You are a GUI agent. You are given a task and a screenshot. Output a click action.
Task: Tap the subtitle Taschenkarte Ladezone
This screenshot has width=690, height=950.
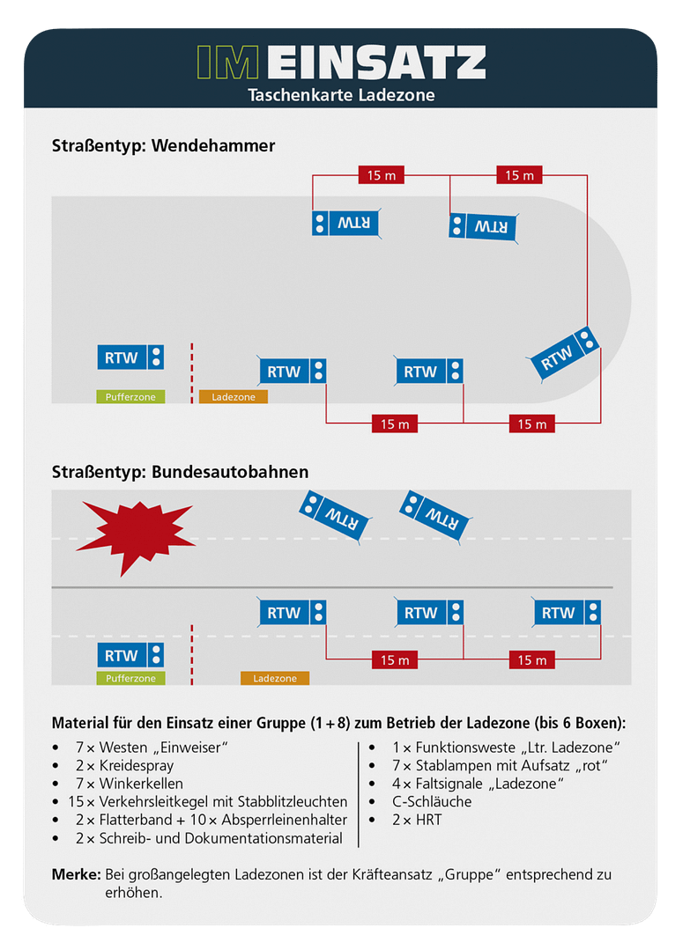tap(341, 94)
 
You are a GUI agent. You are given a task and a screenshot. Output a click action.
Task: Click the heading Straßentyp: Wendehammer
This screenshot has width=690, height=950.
tap(164, 146)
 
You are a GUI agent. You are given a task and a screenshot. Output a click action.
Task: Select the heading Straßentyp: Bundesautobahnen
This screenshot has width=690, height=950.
tap(181, 472)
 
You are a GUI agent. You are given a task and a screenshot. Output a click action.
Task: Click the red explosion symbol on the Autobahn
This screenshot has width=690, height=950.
tap(135, 534)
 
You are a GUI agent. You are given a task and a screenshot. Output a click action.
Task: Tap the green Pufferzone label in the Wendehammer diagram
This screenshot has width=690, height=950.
tap(130, 397)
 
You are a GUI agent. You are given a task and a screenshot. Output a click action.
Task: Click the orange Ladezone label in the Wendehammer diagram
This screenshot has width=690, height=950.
tap(234, 397)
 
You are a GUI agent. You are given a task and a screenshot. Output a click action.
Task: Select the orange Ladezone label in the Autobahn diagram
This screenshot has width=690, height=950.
tap(275, 679)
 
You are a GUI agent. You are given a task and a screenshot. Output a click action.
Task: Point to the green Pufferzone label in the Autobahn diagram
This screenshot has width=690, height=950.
tap(130, 679)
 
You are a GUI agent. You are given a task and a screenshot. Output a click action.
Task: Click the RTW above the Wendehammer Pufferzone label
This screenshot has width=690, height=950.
tap(130, 357)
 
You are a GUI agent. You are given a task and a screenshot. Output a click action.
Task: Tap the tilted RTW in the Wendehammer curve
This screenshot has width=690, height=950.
tap(564, 354)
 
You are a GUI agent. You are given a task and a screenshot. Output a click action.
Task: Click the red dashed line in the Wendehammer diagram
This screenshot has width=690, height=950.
tap(191, 373)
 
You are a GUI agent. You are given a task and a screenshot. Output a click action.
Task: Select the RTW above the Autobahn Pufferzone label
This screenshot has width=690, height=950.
tap(130, 655)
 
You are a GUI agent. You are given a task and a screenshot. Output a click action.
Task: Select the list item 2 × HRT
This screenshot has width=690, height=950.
tap(417, 820)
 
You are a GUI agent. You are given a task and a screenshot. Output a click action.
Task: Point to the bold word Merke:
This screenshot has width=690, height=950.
tap(75, 874)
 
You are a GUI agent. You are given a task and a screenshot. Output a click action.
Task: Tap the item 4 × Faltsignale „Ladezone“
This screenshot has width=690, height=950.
tap(478, 784)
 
